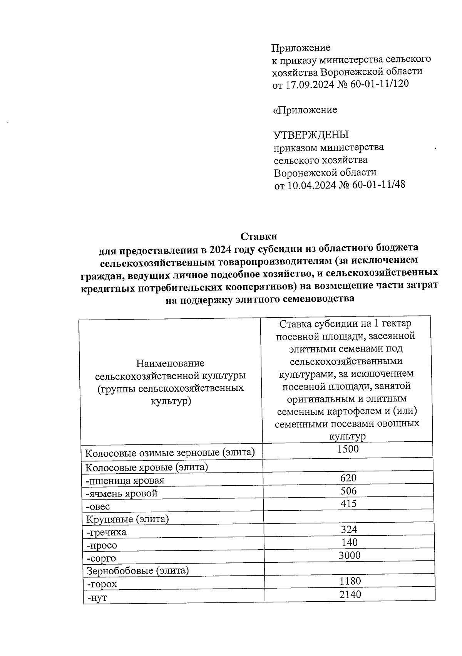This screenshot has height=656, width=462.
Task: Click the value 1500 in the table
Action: tap(348, 449)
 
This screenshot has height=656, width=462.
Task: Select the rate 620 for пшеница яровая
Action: tap(348, 478)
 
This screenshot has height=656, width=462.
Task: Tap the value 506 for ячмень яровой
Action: tap(348, 491)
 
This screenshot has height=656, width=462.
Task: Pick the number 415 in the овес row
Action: tap(348, 503)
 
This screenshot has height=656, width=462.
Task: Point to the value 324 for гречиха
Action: tap(349, 529)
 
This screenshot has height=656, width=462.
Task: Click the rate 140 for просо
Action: tap(350, 542)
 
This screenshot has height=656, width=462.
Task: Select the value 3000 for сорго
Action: tap(349, 555)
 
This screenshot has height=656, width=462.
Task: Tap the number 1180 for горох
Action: tap(350, 581)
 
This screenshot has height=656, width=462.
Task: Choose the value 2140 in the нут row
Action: tap(350, 594)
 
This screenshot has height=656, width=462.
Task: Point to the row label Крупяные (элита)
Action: tap(128, 519)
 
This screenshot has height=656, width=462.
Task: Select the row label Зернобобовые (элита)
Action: tap(138, 570)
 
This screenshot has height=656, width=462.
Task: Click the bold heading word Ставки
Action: tap(259, 236)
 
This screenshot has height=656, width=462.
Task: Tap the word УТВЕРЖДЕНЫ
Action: tap(311, 135)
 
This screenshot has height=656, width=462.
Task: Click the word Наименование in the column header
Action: tap(170, 363)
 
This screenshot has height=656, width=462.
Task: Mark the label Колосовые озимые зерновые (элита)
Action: tap(170, 452)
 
